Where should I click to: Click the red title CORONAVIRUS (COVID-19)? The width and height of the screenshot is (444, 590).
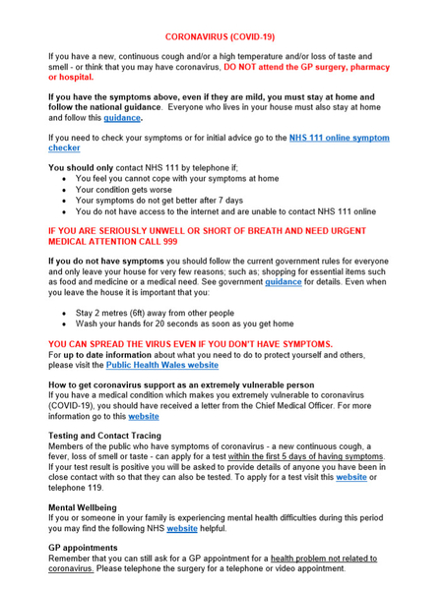click(221, 36)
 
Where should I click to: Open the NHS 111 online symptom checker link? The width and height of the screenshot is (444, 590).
click(339, 138)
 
